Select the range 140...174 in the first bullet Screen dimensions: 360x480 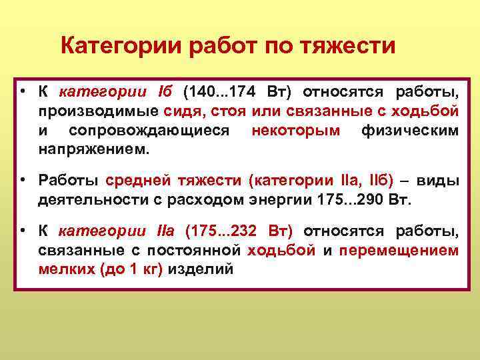click(x=221, y=91)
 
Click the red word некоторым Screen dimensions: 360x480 click(x=295, y=130)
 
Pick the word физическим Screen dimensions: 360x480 click(x=409, y=130)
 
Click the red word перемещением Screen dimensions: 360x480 click(x=399, y=251)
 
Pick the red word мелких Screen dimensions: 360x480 click(x=62, y=270)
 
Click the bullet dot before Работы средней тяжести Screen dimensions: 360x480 click(x=23, y=181)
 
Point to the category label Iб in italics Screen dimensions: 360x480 click(x=165, y=91)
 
